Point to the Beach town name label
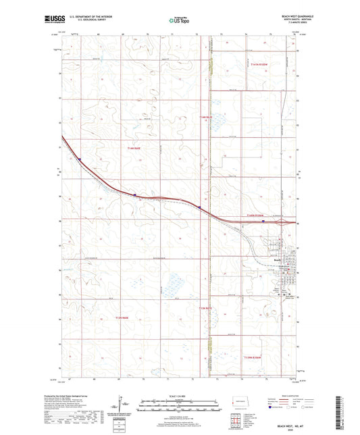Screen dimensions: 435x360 point(277,257)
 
